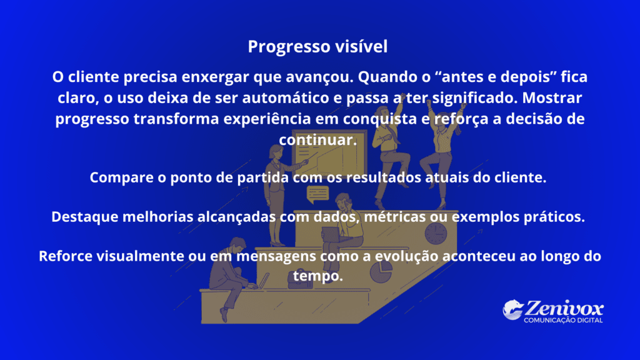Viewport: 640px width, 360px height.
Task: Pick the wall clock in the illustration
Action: click(435, 233)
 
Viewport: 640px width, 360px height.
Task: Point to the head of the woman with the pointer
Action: click(275, 151)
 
